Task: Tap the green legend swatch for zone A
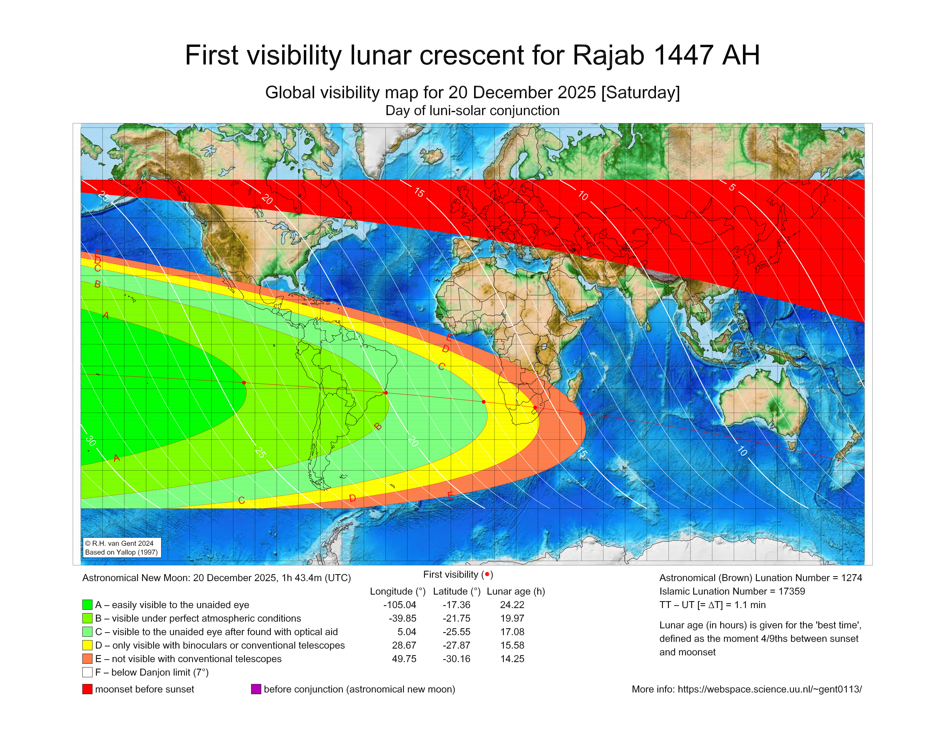pos(87,605)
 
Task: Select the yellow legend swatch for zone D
pos(87,645)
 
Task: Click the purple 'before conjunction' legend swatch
pos(256,689)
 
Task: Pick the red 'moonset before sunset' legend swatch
pos(87,689)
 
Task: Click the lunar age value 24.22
pos(512,605)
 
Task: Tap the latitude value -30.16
pos(456,659)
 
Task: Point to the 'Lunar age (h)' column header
pos(516,591)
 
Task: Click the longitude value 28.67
pos(404,645)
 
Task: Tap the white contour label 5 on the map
pos(732,187)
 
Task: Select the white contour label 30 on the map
pos(91,441)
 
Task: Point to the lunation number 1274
pos(851,578)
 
